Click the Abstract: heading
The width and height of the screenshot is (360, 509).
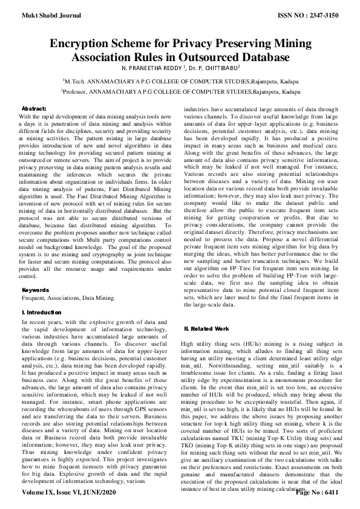point(35,106)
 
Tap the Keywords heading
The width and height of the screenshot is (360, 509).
point(36,290)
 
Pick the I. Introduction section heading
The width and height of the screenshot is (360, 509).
point(44,311)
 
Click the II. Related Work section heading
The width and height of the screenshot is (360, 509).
point(206,328)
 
